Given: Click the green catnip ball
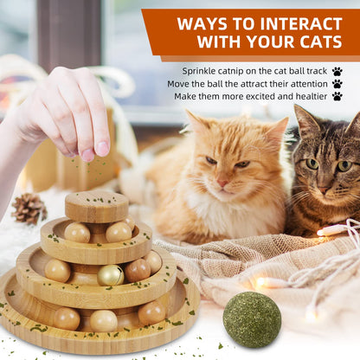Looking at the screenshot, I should (x=252, y=319).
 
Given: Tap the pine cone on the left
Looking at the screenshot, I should (x=29, y=208).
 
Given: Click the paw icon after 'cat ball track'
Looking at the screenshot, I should (x=337, y=71).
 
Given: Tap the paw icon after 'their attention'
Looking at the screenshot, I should (x=337, y=84).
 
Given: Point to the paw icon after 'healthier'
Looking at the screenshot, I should (x=337, y=97).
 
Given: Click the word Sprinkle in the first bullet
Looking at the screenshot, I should (x=201, y=71).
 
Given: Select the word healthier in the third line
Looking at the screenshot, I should (x=307, y=97).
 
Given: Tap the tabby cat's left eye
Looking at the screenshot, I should (x=312, y=163).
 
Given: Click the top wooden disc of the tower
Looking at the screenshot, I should (x=96, y=205).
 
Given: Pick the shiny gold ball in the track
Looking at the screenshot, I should (x=110, y=275).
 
